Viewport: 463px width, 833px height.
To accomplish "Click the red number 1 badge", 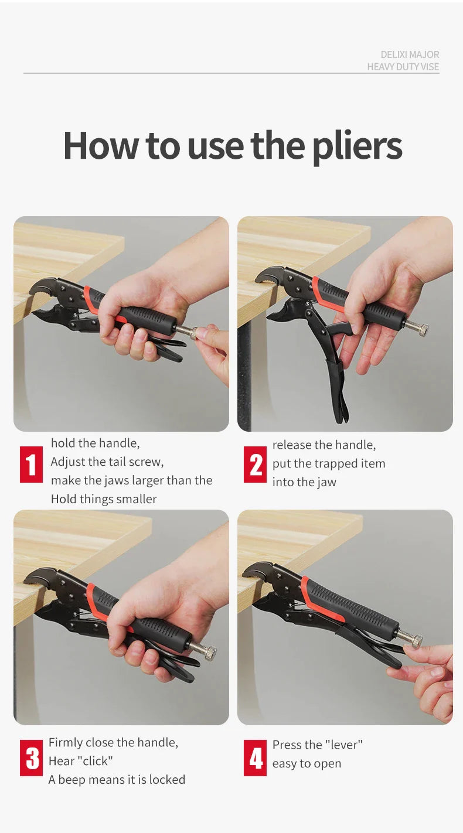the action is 31,464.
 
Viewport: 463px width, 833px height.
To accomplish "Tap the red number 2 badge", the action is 255,464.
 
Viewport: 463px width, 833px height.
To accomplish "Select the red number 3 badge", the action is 31,757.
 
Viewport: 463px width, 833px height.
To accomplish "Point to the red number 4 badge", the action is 255,757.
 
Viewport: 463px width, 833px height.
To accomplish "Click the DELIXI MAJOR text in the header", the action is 410,54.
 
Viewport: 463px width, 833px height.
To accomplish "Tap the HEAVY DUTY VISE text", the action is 403,67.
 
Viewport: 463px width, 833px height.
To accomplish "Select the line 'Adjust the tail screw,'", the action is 107,462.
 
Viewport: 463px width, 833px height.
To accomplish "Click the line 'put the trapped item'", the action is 329,464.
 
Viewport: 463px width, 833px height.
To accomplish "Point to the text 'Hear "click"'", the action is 81,761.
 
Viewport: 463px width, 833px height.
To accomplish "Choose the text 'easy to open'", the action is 307,764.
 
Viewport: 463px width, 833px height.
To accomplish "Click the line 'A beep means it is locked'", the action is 117,780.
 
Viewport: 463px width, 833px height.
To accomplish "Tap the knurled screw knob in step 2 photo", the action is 421,329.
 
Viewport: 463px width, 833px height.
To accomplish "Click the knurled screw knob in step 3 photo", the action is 210,652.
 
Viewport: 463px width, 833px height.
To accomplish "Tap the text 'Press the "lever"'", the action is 318,745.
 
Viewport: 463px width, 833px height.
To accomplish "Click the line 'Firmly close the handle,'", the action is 114,743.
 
